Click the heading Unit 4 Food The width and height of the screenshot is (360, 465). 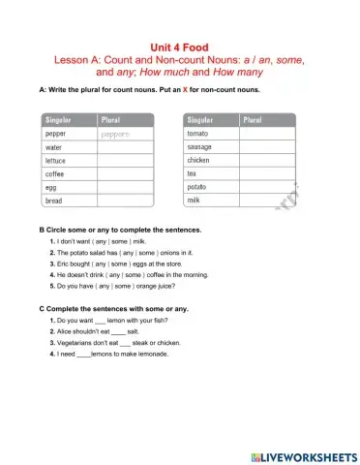pos(180,46)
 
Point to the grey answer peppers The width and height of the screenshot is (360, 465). pos(114,134)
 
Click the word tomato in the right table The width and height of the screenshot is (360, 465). pos(197,133)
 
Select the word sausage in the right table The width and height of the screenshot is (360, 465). pos(200,146)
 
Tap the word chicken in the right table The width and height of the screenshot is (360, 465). pos(198,160)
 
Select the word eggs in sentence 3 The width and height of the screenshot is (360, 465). pos(137,262)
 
